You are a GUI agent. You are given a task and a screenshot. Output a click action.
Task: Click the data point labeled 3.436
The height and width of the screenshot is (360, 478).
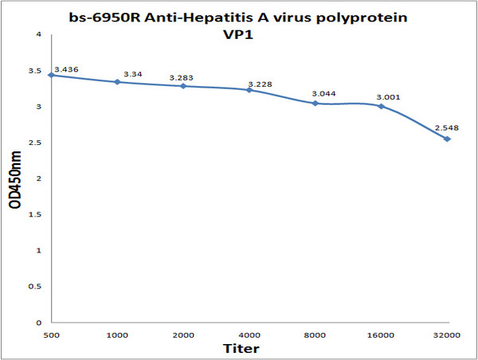click(x=51, y=75)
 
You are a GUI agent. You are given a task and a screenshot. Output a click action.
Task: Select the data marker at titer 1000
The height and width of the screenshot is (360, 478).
click(x=117, y=82)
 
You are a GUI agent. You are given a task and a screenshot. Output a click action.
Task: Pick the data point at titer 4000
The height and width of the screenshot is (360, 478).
click(x=249, y=90)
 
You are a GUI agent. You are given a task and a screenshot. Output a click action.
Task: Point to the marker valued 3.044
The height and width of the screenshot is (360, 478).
click(x=315, y=104)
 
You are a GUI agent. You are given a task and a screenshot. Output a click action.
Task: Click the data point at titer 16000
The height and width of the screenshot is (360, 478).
click(x=382, y=106)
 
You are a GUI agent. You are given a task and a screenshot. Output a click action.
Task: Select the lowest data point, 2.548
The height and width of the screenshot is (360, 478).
click(x=448, y=139)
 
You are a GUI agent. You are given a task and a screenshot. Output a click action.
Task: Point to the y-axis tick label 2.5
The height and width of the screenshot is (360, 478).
click(x=37, y=143)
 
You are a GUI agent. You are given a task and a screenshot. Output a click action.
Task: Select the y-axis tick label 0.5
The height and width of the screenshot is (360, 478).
click(x=37, y=287)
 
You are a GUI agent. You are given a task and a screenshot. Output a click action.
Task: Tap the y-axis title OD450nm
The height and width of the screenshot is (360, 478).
click(x=15, y=180)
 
